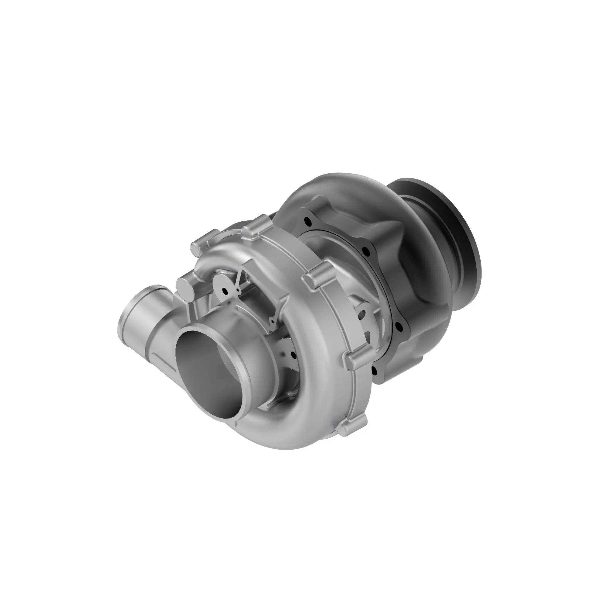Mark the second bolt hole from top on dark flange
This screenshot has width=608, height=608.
click(x=366, y=251)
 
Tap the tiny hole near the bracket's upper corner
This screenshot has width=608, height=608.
click(x=237, y=289)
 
